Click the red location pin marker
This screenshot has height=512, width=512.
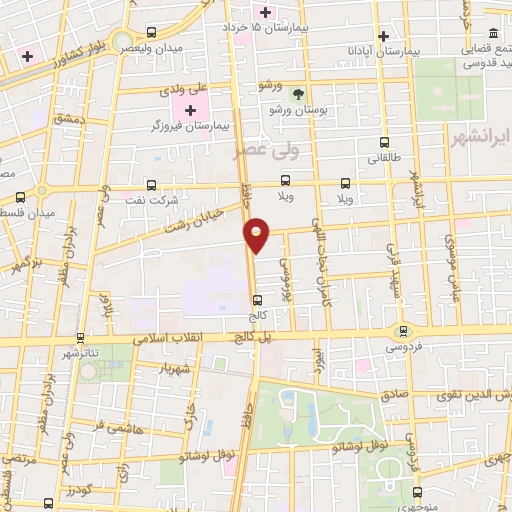click(x=257, y=235)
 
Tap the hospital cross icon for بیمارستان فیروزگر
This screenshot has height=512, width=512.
click(x=191, y=108)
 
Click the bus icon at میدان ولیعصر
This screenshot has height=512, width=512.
click(x=151, y=33)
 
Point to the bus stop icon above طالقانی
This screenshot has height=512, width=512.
click(x=385, y=143)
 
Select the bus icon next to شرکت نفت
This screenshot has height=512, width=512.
click(x=151, y=185)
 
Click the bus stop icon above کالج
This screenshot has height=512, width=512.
click(x=258, y=299)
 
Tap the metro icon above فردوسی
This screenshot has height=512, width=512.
click(x=404, y=331)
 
